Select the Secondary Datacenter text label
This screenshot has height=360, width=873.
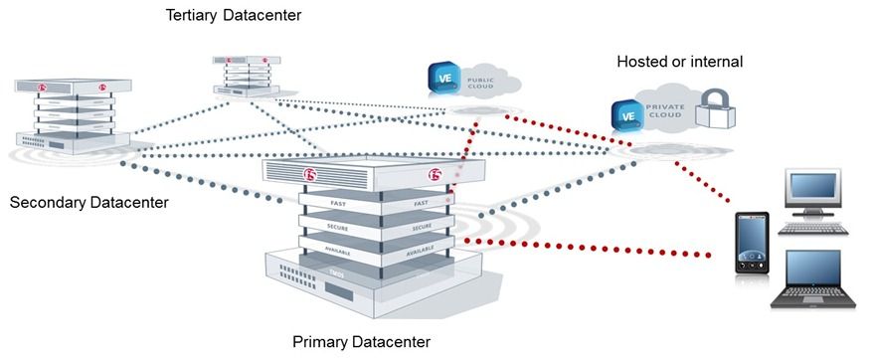pos(88,203)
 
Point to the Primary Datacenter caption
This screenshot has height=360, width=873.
pos(361,342)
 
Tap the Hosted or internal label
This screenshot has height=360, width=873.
pos(679,62)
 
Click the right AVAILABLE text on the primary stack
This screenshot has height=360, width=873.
pos(421,251)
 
